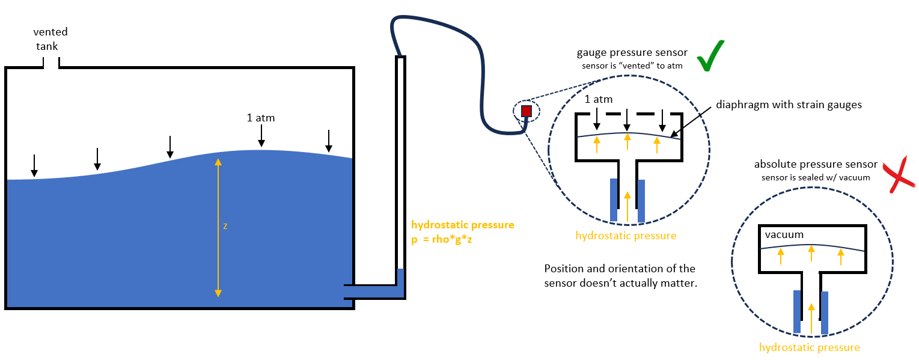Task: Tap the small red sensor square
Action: coord(527,111)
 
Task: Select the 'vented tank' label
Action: coord(50,39)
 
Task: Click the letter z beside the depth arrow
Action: coord(225,226)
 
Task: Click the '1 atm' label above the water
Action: coord(260,118)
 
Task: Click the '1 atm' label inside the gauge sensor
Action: coord(598,99)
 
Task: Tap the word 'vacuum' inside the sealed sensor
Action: coord(784,234)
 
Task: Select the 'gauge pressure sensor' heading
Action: coord(632,53)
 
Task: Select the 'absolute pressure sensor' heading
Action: coord(816,165)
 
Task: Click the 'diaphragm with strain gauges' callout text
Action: coord(789,105)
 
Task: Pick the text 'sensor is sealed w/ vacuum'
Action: coord(816,177)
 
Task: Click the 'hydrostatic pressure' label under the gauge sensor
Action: coord(626,236)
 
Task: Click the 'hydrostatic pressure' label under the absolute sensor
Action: coord(809,347)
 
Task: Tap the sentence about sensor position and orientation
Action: coord(620,276)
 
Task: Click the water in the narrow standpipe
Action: coord(400,283)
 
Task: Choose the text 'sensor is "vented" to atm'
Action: coord(632,66)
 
